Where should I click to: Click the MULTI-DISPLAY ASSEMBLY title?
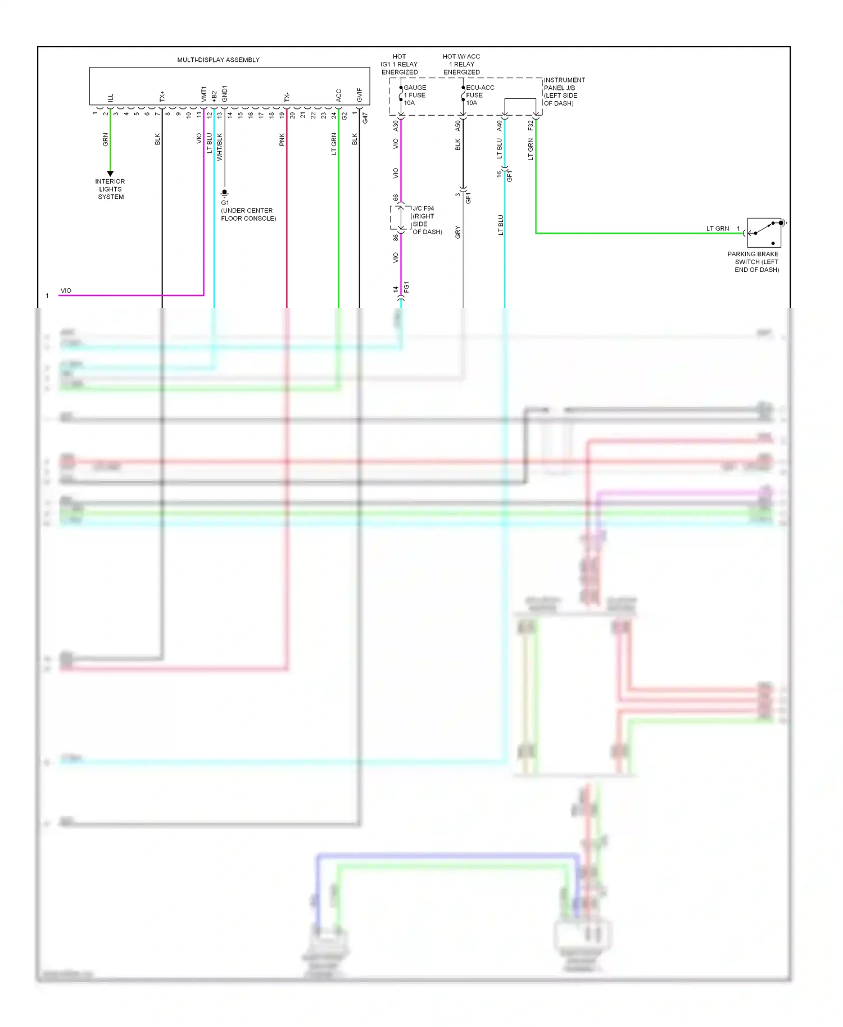[x=218, y=60]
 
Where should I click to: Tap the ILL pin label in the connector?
[x=111, y=97]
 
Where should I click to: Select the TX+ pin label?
[x=162, y=96]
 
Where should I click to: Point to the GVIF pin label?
[x=360, y=95]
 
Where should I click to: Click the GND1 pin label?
[x=225, y=93]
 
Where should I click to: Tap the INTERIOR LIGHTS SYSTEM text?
[x=110, y=189]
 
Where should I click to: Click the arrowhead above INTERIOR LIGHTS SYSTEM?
[x=110, y=174]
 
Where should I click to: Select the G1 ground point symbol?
[x=225, y=193]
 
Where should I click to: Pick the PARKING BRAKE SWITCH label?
[x=754, y=262]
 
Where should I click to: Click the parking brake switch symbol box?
[x=764, y=233]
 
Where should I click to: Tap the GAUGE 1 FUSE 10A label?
[x=414, y=95]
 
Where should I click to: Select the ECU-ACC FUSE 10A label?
[x=479, y=95]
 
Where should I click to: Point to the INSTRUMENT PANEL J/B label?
[x=564, y=92]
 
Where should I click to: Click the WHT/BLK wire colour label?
[x=220, y=147]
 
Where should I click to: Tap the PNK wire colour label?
[x=282, y=140]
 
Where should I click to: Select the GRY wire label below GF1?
[x=458, y=232]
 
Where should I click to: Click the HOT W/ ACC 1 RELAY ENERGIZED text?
[x=461, y=64]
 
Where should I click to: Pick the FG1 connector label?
[x=406, y=287]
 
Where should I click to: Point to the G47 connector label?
[x=365, y=118]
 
